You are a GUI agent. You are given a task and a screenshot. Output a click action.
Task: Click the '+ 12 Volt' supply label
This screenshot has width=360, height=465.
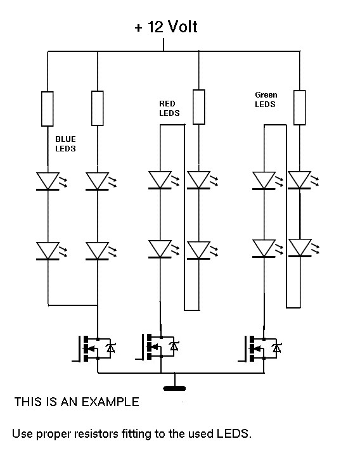coord(166,27)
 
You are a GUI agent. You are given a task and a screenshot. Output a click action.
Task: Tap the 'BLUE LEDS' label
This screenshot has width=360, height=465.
coord(65,144)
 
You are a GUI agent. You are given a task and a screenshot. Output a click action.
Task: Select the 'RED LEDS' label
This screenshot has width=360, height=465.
coord(169,108)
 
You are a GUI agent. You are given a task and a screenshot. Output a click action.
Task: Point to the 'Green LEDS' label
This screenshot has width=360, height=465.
coord(266,99)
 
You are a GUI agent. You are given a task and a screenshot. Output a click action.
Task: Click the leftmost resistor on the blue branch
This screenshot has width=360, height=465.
coord(47,109)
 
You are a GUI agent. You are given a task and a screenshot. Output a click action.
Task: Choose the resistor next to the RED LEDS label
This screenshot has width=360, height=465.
coord(198,107)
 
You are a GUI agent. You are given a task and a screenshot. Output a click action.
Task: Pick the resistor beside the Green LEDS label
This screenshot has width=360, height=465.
coord(299,107)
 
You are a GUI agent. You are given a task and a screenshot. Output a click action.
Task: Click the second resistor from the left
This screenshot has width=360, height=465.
coord(98,108)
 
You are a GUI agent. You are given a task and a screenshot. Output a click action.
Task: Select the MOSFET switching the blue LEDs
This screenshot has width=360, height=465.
coord(94,348)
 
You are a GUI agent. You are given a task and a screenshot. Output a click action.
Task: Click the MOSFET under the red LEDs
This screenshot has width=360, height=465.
coord(158,347)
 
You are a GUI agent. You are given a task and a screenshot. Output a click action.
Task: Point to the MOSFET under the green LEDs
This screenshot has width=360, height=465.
coord(260,348)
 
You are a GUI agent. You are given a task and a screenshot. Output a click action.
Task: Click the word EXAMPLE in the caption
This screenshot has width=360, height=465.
coord(110,402)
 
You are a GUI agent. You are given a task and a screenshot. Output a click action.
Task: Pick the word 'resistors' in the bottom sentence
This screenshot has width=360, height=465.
coord(96,433)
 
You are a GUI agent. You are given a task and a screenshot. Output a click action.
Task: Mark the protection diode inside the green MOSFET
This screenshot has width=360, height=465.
coord(276,348)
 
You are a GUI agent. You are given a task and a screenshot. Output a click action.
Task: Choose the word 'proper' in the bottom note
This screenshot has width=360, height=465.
coord(53,435)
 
